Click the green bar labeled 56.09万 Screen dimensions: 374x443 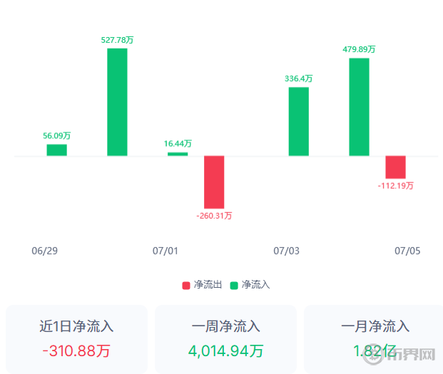(x=56, y=150)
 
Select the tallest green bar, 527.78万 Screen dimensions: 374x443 (x=117, y=102)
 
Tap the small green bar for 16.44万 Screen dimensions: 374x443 (x=178, y=154)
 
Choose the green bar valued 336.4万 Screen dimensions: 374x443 (x=299, y=121)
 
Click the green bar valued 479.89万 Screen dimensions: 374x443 (x=359, y=107)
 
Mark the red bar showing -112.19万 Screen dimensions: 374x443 (x=395, y=167)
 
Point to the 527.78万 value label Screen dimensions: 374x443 (x=118, y=40)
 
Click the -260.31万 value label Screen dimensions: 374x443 (x=214, y=216)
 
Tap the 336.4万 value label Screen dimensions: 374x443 (x=299, y=78)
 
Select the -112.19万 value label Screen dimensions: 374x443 (x=396, y=186)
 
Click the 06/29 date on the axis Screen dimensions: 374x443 (x=44, y=251)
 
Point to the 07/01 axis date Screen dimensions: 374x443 (x=166, y=251)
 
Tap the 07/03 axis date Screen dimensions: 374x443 (x=287, y=251)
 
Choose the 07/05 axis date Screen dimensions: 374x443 (x=408, y=251)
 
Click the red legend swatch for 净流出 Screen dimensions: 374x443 (x=186, y=285)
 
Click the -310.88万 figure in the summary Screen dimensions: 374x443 (x=76, y=350)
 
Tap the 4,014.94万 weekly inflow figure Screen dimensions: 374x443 (x=225, y=350)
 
